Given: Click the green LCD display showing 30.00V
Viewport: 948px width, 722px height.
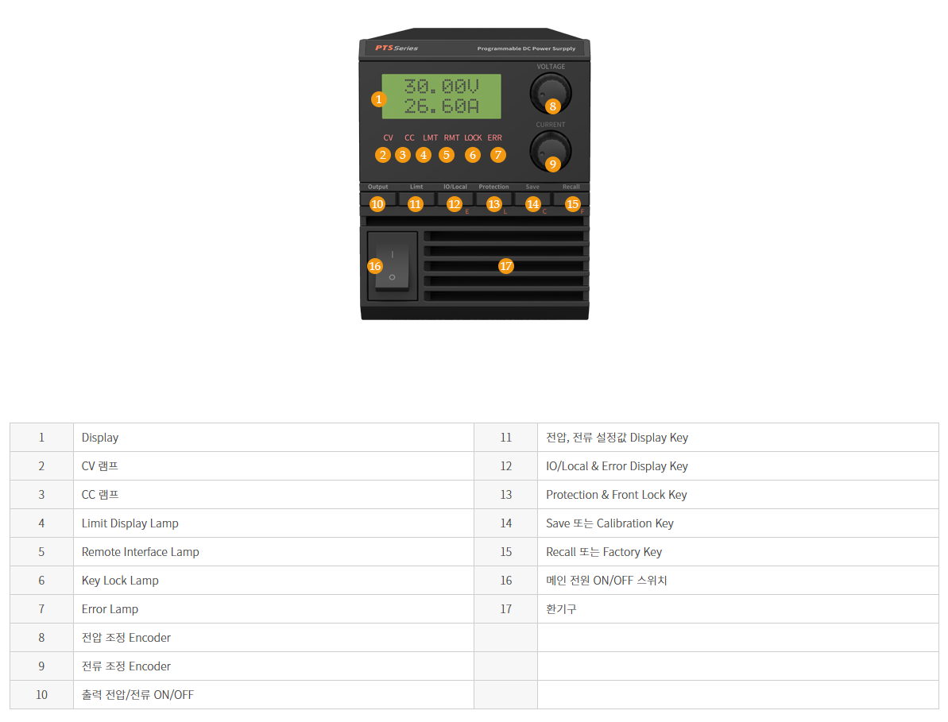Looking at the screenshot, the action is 441,96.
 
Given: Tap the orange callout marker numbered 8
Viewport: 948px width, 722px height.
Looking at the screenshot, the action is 552,106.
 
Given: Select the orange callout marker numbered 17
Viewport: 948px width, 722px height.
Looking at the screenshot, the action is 506,266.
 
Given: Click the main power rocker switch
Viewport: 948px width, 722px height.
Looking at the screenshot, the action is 393,266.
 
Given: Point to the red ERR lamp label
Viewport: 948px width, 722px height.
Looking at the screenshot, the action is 494,137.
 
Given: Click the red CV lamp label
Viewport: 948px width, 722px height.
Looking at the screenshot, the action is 388,137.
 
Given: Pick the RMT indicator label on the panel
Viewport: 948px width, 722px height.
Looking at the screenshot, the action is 451,137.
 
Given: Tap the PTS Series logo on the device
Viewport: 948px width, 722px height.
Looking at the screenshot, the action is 397,48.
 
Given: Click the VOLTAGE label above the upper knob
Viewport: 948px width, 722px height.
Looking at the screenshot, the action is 551,67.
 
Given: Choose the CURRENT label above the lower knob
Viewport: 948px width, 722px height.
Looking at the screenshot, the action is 550,125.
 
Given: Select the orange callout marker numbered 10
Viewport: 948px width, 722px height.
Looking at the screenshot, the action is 377,204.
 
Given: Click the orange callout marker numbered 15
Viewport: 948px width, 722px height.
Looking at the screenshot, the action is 573,204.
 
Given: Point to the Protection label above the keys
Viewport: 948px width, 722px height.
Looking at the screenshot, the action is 494,187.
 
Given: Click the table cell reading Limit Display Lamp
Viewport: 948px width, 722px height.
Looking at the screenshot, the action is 130,523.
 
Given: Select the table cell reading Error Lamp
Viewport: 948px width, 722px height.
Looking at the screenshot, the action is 110,609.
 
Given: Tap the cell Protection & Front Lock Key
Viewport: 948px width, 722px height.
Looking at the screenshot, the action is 616,495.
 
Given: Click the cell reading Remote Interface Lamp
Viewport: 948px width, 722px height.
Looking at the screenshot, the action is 141,551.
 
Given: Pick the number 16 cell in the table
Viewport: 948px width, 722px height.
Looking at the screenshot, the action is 506,581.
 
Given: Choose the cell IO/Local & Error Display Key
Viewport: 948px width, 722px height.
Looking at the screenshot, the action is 617,465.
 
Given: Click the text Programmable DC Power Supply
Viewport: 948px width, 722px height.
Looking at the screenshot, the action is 526,48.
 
